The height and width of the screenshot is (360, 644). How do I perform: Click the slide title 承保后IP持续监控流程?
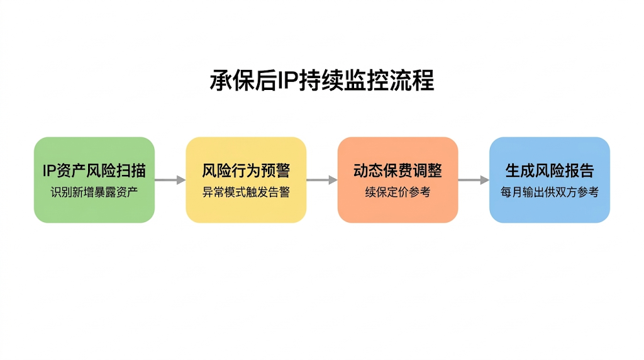[321, 81]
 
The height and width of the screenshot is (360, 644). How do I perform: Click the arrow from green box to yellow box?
[170, 180]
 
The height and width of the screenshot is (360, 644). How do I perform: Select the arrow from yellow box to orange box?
[322, 180]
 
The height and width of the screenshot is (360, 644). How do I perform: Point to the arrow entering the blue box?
[474, 180]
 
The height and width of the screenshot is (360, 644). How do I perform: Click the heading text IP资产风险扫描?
[94, 171]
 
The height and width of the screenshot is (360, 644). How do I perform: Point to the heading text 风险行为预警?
[246, 171]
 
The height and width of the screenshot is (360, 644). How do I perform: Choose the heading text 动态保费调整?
[397, 171]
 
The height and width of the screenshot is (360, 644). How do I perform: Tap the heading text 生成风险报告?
[550, 171]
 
